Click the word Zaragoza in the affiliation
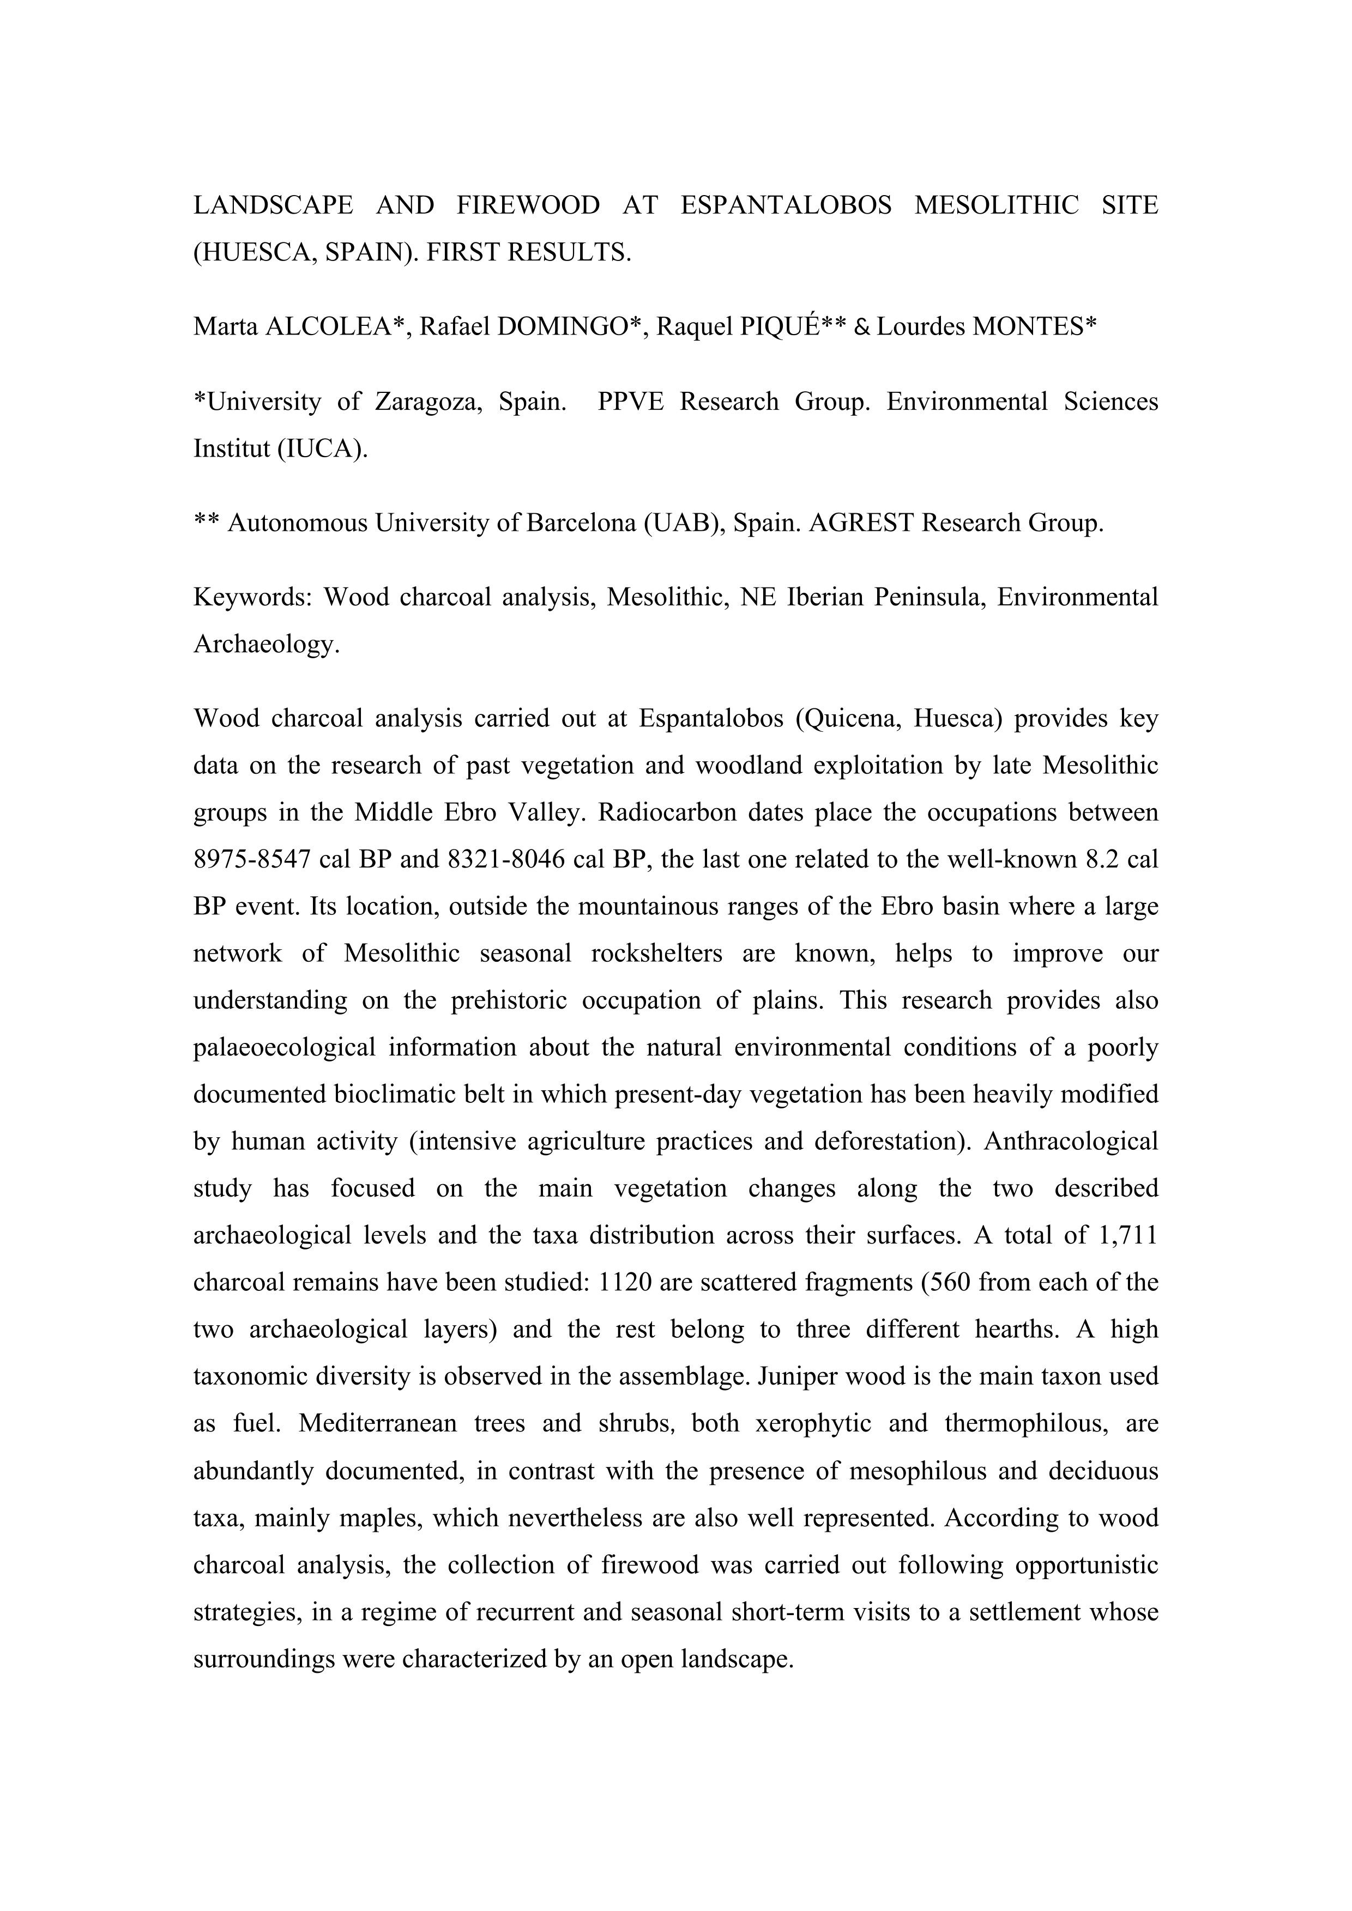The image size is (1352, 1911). [427, 402]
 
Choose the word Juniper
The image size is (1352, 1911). [800, 1376]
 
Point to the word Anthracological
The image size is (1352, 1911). [1071, 1140]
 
